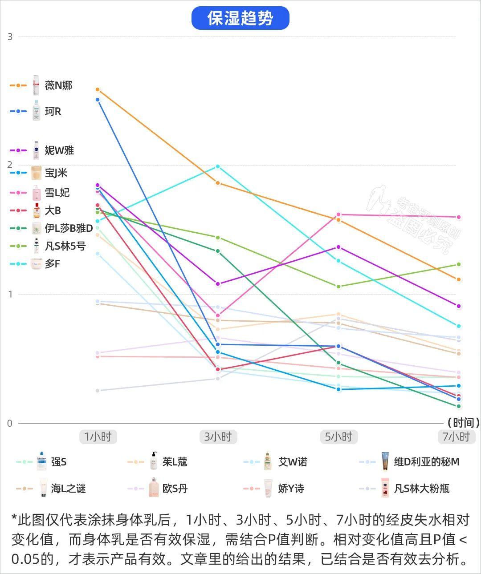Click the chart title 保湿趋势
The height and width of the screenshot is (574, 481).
240,18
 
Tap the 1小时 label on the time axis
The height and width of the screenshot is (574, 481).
98,437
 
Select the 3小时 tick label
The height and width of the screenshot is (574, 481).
218,437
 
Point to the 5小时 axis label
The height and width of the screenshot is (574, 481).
338,437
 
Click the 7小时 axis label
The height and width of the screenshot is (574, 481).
456,437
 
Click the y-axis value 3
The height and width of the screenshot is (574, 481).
10,37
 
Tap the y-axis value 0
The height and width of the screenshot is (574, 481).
10,423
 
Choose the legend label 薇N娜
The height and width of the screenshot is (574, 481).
58,85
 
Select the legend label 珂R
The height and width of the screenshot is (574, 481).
53,111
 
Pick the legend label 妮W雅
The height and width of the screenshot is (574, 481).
59,150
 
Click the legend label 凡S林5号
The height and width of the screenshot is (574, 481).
65,246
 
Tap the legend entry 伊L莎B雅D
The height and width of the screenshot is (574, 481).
69,228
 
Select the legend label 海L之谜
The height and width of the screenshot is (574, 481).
68,489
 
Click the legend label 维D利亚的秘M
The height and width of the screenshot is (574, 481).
426,462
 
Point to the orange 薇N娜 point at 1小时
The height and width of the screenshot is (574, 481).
98,89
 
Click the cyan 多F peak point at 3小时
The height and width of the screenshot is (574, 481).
218,166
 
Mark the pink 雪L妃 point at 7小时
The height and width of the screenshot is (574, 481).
459,217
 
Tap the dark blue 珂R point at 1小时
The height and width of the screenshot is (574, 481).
98,100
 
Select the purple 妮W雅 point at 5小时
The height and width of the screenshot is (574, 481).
338,247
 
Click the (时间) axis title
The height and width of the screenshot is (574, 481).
464,422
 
